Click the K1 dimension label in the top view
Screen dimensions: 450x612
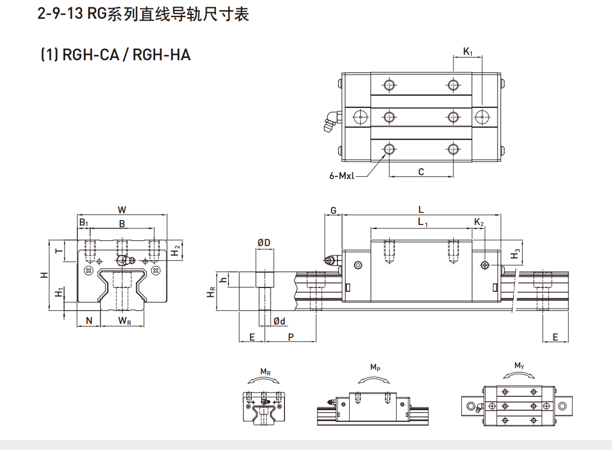tap(468, 52)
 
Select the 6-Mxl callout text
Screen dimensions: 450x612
tap(341, 176)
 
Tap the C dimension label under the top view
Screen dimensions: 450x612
tap(421, 172)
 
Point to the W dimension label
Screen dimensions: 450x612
tap(122, 210)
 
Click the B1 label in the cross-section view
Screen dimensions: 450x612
tap(83, 223)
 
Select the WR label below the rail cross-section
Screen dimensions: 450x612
tap(125, 321)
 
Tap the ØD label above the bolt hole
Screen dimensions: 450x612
tap(263, 243)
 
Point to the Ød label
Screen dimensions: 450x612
tap(279, 321)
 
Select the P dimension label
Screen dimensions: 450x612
tap(291, 337)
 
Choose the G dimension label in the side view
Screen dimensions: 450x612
tap(333, 211)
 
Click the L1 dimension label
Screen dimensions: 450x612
tap(423, 222)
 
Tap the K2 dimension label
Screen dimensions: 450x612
tap(479, 222)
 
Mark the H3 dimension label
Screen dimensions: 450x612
tap(516, 254)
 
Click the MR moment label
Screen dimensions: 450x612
tap(265, 372)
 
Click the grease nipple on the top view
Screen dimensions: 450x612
tap(331, 121)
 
